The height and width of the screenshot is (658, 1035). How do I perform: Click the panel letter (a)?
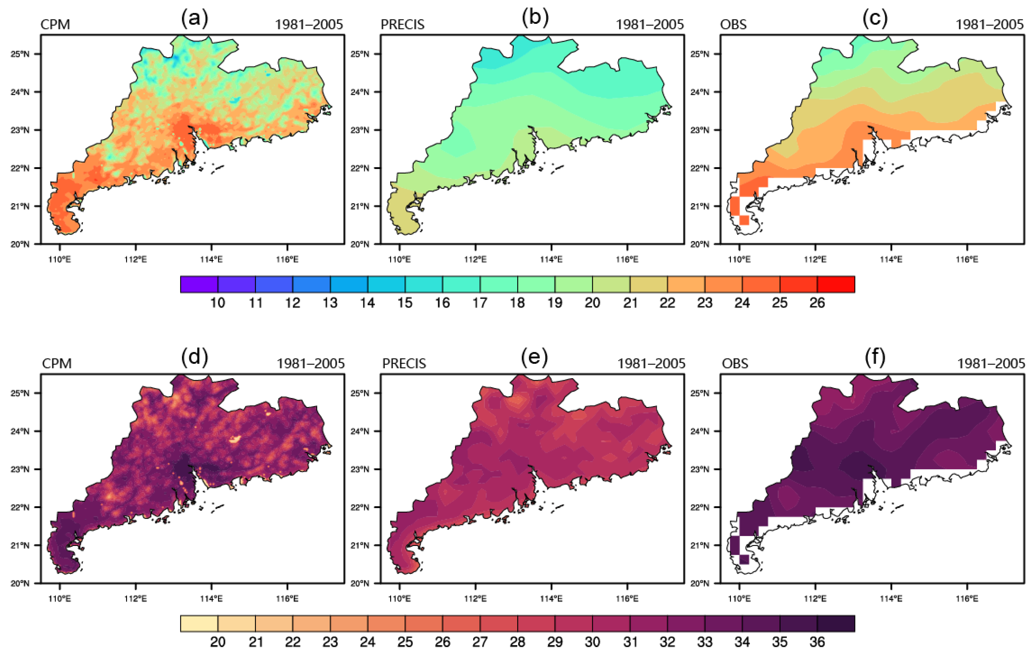(195, 18)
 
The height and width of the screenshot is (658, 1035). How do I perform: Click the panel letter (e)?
(534, 357)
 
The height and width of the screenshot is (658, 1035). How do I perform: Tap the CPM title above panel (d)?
(57, 364)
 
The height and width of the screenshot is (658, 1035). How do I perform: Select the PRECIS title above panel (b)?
(402, 24)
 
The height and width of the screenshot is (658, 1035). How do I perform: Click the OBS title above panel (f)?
(735, 364)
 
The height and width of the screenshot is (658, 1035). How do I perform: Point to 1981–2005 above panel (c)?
(989, 24)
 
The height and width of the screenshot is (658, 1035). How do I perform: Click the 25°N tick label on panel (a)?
(20, 54)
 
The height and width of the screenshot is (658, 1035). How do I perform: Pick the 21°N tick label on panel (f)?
(700, 545)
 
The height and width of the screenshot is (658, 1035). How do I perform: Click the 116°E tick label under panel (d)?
(287, 598)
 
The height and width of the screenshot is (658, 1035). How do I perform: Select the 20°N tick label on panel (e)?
(360, 583)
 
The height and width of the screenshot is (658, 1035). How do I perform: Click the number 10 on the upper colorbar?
(217, 303)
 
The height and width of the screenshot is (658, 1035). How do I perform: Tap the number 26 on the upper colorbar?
(817, 303)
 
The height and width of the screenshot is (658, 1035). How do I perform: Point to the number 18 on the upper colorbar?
(517, 303)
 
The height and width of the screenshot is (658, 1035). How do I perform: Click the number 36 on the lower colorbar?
(817, 642)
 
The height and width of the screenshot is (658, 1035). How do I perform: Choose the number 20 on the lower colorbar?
(217, 642)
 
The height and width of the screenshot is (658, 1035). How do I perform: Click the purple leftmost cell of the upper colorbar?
(199, 284)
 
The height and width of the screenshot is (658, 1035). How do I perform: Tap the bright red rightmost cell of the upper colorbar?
(836, 284)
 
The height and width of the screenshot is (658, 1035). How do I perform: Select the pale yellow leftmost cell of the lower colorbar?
(199, 624)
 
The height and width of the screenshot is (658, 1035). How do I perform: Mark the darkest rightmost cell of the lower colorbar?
(836, 624)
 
